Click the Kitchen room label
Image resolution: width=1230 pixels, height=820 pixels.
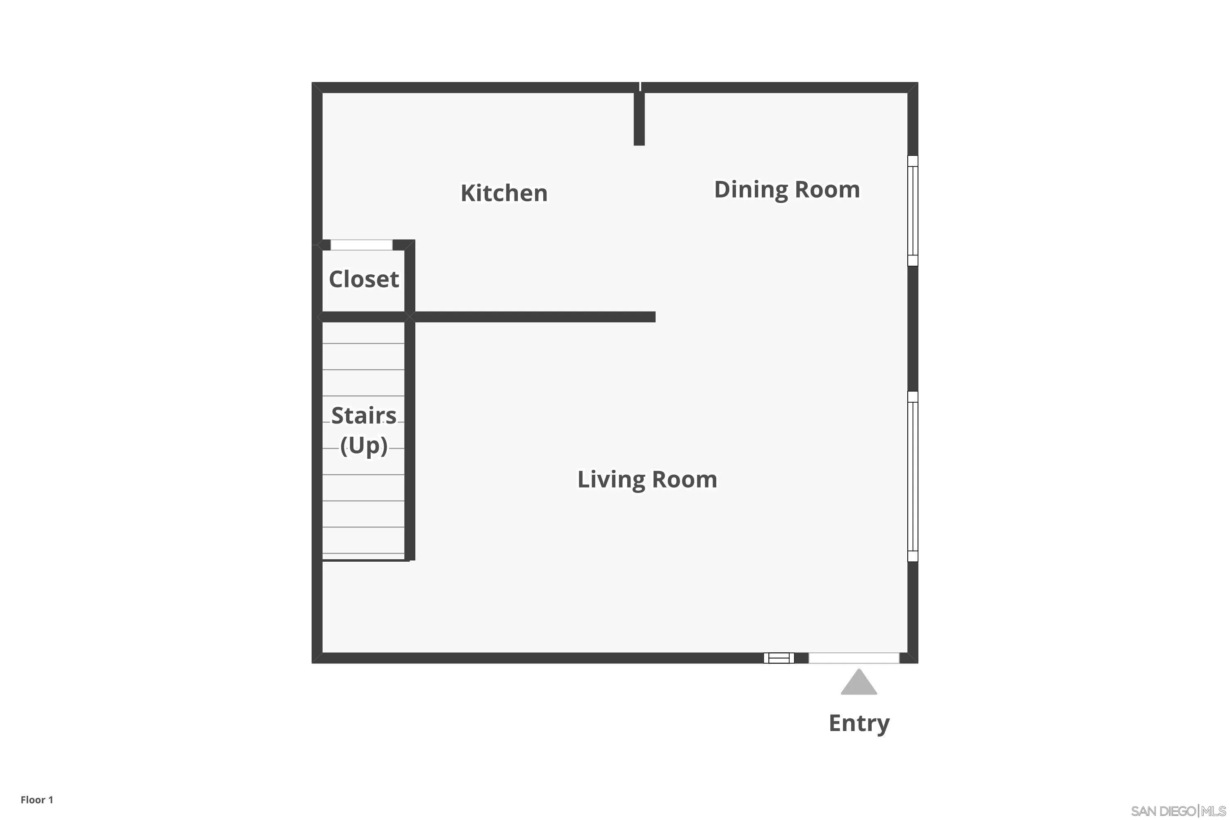click(503, 193)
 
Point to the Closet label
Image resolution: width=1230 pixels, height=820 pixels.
click(363, 279)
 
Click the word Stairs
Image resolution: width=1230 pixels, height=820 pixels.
click(363, 416)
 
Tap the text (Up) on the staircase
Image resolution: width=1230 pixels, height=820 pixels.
click(363, 446)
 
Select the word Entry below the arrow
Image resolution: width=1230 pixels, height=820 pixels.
click(859, 723)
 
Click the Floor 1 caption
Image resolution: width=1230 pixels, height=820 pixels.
click(36, 799)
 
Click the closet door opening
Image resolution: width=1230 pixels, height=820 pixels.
click(361, 245)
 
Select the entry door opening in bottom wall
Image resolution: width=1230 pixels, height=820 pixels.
click(854, 658)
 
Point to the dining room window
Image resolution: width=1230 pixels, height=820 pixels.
click(913, 211)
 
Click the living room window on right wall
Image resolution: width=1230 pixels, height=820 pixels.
click(913, 476)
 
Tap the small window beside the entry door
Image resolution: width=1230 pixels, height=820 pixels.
click(779, 658)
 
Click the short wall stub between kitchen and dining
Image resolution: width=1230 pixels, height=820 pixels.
click(639, 118)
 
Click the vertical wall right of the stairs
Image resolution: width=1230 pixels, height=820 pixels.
click(410, 439)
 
